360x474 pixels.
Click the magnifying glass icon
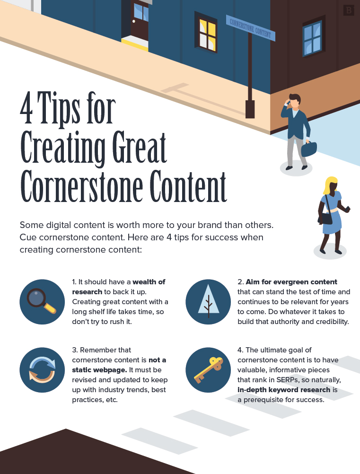coord(42,301)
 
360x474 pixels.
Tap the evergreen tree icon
coord(208,301)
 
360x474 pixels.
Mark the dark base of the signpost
coord(250,109)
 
